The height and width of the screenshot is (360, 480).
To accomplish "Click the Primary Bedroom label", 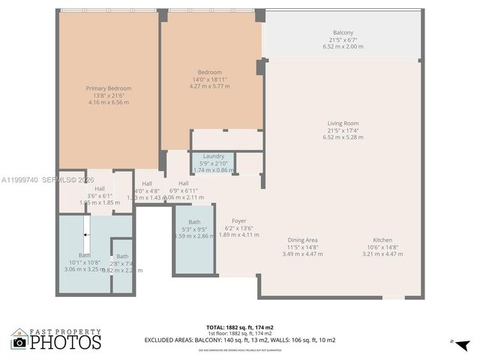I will pos(109,88).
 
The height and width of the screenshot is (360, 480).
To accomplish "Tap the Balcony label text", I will pos(343,32).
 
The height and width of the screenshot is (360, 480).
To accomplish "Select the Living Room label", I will pos(343,124).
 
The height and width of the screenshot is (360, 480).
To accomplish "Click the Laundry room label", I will pos(214,156).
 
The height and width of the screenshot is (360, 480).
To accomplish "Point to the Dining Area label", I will pos(302,240).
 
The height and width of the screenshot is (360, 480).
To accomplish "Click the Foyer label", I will pos(238,221).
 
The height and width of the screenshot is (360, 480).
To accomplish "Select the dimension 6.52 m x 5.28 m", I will pos(343,137).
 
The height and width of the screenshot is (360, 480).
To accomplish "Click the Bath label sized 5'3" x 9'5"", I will pos(194,222).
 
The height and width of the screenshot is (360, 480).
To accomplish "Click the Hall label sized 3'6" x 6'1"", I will pos(99,189).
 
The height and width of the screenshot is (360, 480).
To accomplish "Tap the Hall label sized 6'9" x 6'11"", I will pos(183,184).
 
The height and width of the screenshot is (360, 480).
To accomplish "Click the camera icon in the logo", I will pos(19,342).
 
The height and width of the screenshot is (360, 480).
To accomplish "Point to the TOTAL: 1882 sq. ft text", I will pos(239,327).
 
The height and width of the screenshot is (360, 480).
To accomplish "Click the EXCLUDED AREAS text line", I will pos(239,340).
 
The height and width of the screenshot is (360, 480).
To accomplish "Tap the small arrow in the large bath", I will pos(86,235).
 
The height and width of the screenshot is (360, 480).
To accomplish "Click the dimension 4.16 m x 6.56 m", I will pos(109,102).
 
